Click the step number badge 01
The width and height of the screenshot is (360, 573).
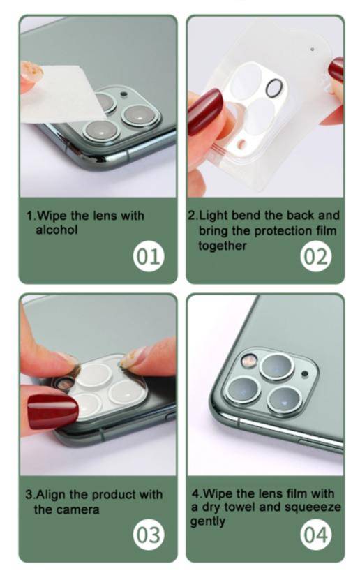coord(147,257)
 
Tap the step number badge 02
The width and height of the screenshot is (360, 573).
coord(315,257)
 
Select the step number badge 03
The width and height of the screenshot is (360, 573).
coord(147,536)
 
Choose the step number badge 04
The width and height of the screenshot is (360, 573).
coord(315,536)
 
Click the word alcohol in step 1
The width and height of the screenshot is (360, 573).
coord(58,230)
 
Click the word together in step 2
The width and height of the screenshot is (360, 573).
coord(222,246)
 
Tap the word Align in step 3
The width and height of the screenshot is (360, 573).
coord(50,495)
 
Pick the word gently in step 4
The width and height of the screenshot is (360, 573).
coord(208,522)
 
